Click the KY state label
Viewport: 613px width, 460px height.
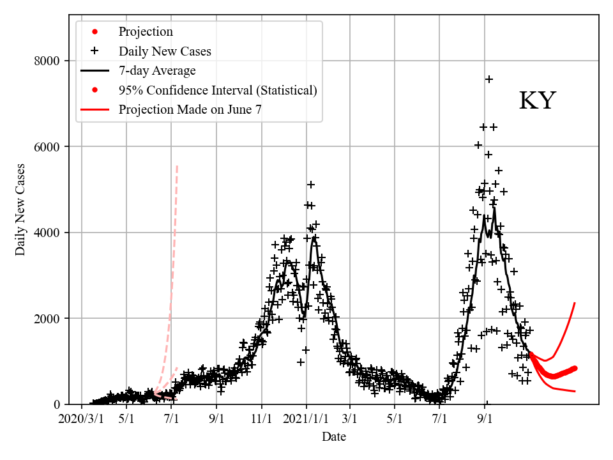pyautogui.click(x=537, y=101)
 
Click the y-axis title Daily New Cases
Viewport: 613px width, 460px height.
pyautogui.click(x=21, y=210)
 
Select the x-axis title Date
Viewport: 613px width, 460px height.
pyautogui.click(x=334, y=437)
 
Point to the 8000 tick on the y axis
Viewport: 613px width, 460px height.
pyautogui.click(x=47, y=61)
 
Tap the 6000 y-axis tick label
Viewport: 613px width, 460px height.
pyautogui.click(x=47, y=147)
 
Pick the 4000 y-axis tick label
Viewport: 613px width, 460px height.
pyautogui.click(x=47, y=233)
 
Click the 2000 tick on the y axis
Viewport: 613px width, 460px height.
pyautogui.click(x=47, y=319)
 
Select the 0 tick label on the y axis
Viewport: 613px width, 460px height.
pyautogui.click(x=57, y=404)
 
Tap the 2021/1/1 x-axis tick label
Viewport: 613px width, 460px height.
pyautogui.click(x=306, y=421)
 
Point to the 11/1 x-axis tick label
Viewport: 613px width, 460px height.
pyautogui.click(x=262, y=421)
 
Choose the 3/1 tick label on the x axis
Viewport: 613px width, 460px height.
pyautogui.click(x=350, y=421)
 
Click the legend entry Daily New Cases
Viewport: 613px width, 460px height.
pyautogui.click(x=165, y=51)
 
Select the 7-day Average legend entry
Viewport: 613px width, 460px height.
pyautogui.click(x=157, y=70)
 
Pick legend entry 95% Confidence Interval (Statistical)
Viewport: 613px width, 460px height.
pyautogui.click(x=218, y=90)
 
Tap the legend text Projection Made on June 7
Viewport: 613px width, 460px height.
pyautogui.click(x=190, y=109)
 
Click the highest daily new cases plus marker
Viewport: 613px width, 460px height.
pyautogui.click(x=489, y=79)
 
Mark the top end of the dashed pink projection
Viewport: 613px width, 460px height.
pyautogui.click(x=177, y=166)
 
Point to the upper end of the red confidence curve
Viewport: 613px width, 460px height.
pyautogui.click(x=575, y=303)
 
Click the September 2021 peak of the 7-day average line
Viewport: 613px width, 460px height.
pyautogui.click(x=494, y=208)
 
